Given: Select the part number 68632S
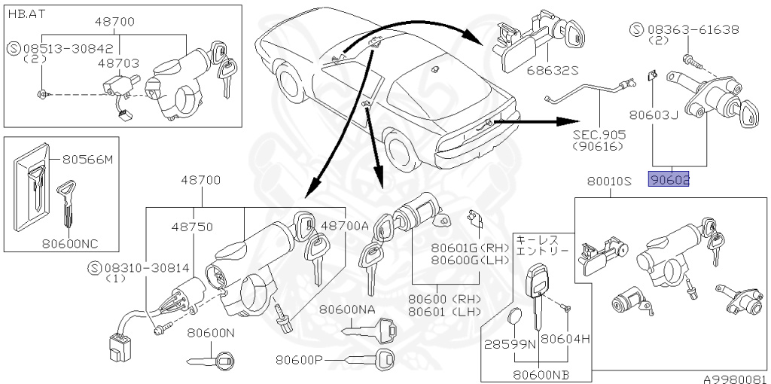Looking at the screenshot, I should pos(552,71).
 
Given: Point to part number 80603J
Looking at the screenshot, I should pos(654,114).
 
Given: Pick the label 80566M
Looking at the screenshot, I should pos(87,160).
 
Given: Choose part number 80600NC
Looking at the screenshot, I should pos(70,243).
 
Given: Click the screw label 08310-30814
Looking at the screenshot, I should pos(141,267).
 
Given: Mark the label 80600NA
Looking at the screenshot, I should pos(346,309).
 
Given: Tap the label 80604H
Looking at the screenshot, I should pos(565,338).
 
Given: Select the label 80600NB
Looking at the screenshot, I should pos(541,373).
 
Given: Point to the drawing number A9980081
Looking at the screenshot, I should pos(736,379).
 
